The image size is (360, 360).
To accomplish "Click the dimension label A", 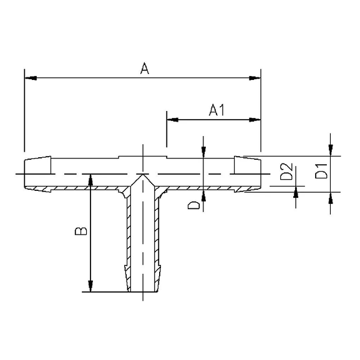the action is [x=145, y=68].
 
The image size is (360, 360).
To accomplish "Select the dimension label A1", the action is [x=216, y=110].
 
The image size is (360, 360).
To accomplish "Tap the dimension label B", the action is [x=81, y=231].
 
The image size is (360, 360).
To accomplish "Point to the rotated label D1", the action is [x=321, y=171].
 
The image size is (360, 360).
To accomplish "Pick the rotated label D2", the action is [x=286, y=172].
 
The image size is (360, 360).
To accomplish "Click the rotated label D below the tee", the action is [x=194, y=205].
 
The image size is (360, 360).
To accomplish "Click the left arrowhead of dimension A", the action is [x=31, y=78].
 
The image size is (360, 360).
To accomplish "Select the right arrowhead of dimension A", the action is [x=255, y=78].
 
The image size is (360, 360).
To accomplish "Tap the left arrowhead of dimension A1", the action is [x=173, y=120].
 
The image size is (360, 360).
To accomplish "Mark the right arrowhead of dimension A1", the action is [x=255, y=120].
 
